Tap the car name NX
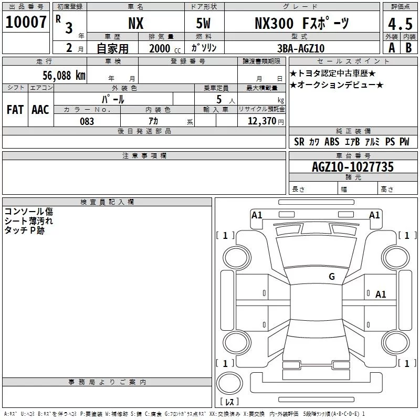pyautogui.click(x=135, y=23)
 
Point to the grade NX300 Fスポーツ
pyautogui.click(x=302, y=23)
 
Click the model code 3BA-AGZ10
pyautogui.click(x=301, y=48)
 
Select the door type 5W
pyautogui.click(x=205, y=23)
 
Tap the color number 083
pyautogui.click(x=87, y=121)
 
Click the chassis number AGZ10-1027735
pyautogui.click(x=352, y=167)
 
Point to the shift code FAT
pyautogui.click(x=15, y=110)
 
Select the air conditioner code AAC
pyautogui.click(x=40, y=110)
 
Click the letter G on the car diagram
pyautogui.click(x=332, y=277)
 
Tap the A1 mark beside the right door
pyautogui.click(x=381, y=295)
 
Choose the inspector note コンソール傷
pyautogui.click(x=28, y=212)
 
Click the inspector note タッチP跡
pyautogui.click(x=25, y=230)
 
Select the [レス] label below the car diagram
pyautogui.click(x=229, y=402)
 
